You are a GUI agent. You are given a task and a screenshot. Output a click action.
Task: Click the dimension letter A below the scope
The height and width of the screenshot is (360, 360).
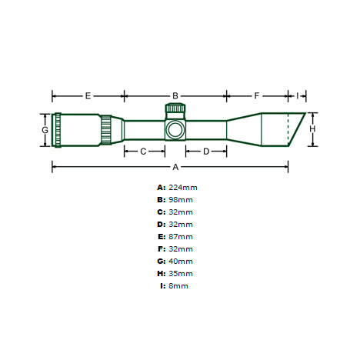click(175, 166)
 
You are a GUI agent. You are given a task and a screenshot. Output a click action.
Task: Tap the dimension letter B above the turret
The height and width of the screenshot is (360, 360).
click(175, 96)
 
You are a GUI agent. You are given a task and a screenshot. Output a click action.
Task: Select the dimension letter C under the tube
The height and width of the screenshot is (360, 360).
click(142, 152)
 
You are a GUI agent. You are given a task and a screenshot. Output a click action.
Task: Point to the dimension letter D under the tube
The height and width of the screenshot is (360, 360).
click(205, 152)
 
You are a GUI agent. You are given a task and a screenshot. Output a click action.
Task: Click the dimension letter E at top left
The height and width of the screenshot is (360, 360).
click(88, 96)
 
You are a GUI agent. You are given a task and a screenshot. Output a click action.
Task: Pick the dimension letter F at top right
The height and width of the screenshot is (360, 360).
click(257, 96)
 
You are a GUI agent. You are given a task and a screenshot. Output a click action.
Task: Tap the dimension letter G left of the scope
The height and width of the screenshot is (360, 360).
click(45, 130)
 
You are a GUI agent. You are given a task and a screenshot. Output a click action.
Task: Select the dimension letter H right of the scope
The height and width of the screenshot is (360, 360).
click(312, 129)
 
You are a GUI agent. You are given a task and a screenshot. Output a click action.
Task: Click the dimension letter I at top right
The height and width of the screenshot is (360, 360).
click(297, 96)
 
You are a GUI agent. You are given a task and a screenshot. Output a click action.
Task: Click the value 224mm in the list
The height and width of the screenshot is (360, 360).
click(182, 187)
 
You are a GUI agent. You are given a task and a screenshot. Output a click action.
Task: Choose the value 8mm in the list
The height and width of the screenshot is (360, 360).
click(178, 285)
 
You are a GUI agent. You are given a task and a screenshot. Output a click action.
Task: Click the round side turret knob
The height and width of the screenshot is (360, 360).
click(175, 128)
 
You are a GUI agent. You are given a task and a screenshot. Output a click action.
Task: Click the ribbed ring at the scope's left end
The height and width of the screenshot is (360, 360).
click(58, 129)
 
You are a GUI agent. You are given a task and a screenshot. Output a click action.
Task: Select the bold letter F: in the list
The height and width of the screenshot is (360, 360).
click(161, 248)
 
